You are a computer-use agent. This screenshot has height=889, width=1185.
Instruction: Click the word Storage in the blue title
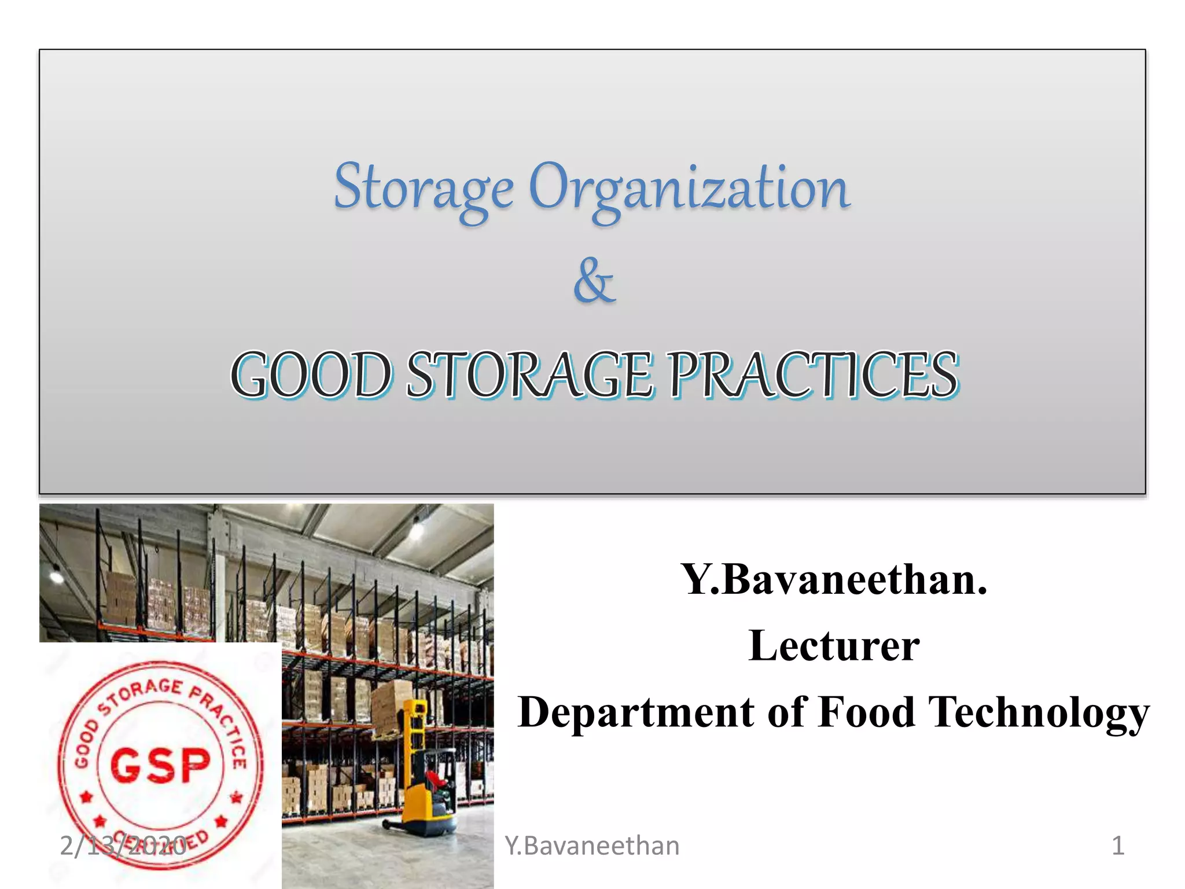[424, 188]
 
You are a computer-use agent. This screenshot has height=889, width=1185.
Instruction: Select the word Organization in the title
[689, 188]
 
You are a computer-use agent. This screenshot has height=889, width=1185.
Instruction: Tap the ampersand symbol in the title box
[594, 281]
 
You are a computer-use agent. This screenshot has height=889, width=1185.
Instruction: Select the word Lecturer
[834, 645]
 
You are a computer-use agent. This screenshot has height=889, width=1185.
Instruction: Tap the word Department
[636, 712]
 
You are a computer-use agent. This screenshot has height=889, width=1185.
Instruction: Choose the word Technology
[1039, 712]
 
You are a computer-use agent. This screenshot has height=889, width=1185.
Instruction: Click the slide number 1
[1118, 846]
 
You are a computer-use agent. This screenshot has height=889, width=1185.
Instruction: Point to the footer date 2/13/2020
[123, 846]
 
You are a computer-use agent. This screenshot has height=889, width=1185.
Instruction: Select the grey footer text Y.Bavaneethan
[592, 846]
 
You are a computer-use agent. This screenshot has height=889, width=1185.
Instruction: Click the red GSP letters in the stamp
[160, 765]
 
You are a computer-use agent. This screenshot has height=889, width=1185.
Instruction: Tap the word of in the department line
[786, 711]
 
